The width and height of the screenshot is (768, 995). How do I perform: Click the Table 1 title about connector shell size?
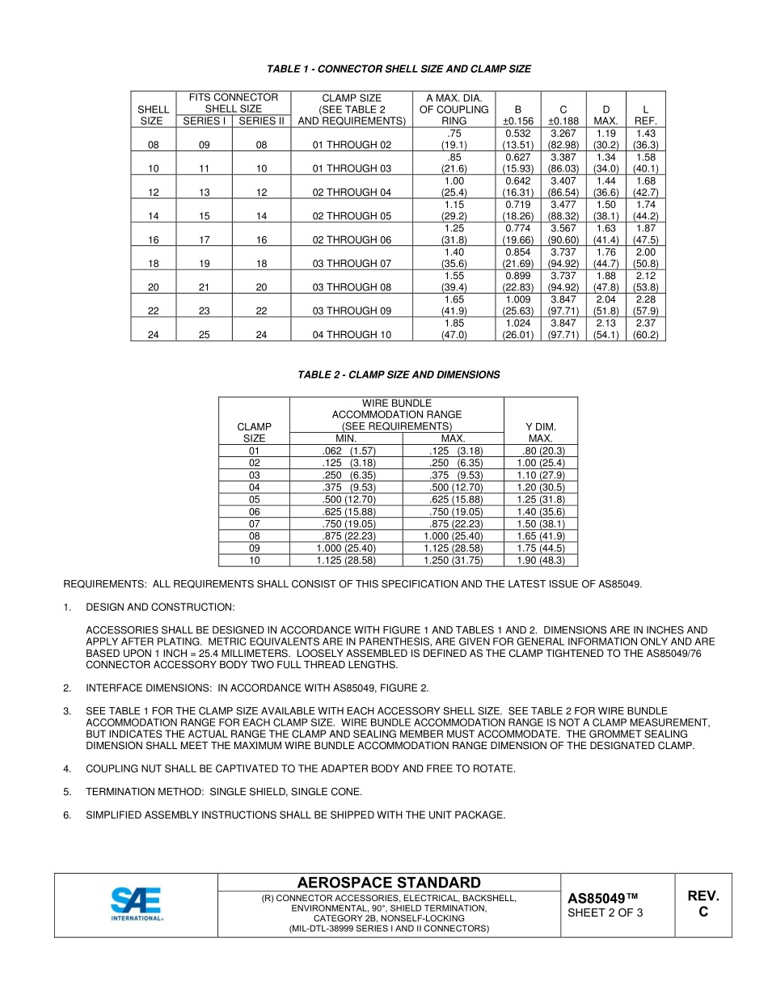point(399,70)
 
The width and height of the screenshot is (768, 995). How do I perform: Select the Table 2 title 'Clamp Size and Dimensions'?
point(399,375)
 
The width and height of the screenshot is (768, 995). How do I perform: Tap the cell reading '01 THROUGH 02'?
point(352,145)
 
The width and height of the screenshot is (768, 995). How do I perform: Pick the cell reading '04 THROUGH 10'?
point(352,334)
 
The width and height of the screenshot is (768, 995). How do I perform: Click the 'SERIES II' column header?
point(261,121)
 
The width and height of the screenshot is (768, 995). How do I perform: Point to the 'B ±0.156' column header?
point(517,115)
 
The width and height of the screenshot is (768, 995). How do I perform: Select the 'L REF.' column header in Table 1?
point(645,115)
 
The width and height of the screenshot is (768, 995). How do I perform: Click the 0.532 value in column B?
point(517,133)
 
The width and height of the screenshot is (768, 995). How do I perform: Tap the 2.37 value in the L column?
point(645,323)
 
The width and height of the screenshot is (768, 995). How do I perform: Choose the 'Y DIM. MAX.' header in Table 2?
point(540,432)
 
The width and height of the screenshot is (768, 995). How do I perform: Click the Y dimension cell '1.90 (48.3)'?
point(540,560)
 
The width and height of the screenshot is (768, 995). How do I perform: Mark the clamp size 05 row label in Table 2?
point(254,499)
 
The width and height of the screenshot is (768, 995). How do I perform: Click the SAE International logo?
point(136,904)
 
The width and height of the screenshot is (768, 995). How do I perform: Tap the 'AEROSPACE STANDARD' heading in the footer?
point(389,883)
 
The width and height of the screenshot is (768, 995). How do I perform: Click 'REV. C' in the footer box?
point(703,904)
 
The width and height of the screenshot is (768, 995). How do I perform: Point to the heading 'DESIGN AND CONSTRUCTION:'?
point(160,607)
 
